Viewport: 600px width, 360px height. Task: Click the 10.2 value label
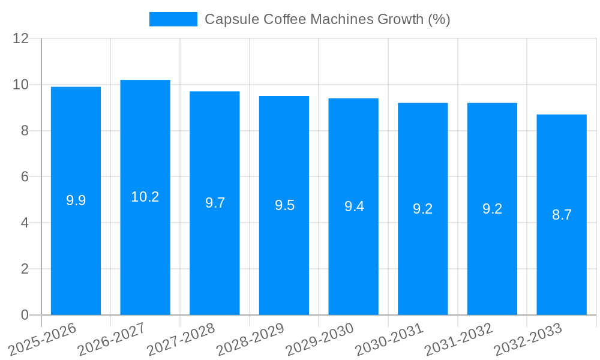coord(145,197)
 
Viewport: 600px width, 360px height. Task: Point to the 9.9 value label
coord(76,200)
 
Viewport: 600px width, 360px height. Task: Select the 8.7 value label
coord(562,215)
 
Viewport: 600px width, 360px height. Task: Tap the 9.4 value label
coord(354,206)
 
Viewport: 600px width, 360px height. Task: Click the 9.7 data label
coord(215,203)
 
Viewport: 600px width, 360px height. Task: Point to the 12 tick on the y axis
coord(21,39)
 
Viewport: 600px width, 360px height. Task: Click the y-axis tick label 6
coord(25,177)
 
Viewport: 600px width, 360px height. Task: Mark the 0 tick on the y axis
coord(25,315)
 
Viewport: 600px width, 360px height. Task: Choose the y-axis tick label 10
coord(21,85)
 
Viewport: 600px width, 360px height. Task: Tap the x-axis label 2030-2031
coord(389,339)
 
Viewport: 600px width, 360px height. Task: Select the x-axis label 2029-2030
coord(320,339)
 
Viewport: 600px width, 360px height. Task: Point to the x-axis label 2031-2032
coord(459,339)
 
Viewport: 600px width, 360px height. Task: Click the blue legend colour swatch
coord(173,19)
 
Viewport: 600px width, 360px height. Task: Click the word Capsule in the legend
coord(226,19)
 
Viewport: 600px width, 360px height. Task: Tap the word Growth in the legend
coord(400,19)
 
